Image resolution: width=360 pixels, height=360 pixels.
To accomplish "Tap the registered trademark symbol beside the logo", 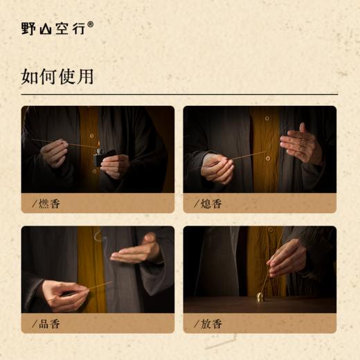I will coord(91,24).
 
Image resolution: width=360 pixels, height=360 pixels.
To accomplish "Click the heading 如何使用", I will coord(57,75).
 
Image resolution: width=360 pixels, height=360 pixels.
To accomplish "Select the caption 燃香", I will coord(51,204).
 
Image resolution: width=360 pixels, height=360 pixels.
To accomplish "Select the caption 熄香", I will coord(213,204).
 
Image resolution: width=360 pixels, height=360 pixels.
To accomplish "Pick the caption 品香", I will coord(51,323).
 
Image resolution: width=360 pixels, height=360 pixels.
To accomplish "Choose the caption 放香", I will coord(213,323).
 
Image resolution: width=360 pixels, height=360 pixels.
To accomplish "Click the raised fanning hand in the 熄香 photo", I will coord(302,144).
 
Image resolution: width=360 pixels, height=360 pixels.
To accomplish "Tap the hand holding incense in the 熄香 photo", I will coord(217,168).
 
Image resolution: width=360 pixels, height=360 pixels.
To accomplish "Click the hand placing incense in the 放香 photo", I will coord(286,257).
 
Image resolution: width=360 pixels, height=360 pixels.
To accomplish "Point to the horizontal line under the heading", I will coord(180,94).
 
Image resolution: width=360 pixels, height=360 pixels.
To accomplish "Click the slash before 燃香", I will coord(35,204).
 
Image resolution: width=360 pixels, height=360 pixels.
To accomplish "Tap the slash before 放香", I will coord(197,323).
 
